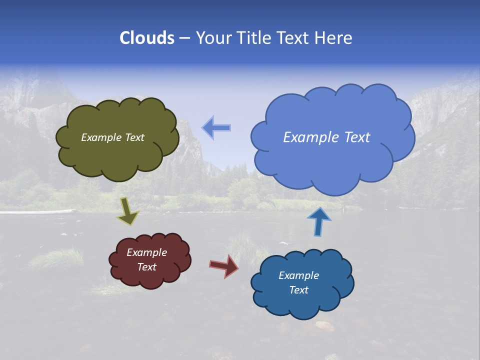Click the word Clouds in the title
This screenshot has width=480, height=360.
pos(147,38)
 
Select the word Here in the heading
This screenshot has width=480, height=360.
pos(334,38)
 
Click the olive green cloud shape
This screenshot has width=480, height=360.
pos(117,155)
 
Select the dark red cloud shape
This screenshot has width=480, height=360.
pos(150,277)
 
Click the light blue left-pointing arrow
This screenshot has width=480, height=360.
pos(216,128)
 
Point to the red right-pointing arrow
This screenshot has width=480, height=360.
pos(224,265)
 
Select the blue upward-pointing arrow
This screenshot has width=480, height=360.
pos(318,222)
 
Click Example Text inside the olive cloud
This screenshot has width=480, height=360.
pos(112,137)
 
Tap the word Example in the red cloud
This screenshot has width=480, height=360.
pos(146,252)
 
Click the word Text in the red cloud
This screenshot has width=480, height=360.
pos(146,267)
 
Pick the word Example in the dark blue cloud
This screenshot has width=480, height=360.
pos(298,275)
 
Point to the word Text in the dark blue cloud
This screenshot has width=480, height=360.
pos(298,290)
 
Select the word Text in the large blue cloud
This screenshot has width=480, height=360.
pos(357,137)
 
